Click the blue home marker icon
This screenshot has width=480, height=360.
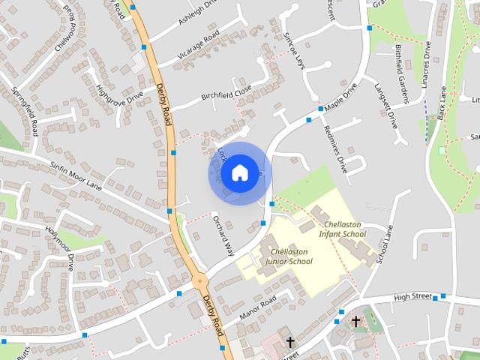[x=238, y=172]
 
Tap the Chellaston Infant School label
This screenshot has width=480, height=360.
[x=342, y=229]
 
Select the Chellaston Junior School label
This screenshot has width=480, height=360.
[x=289, y=256]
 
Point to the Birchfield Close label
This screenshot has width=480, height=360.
[x=226, y=94]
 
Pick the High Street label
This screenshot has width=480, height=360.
[x=412, y=297]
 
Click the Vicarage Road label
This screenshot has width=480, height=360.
[x=198, y=46]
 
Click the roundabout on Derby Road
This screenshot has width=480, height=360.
[x=200, y=281]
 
